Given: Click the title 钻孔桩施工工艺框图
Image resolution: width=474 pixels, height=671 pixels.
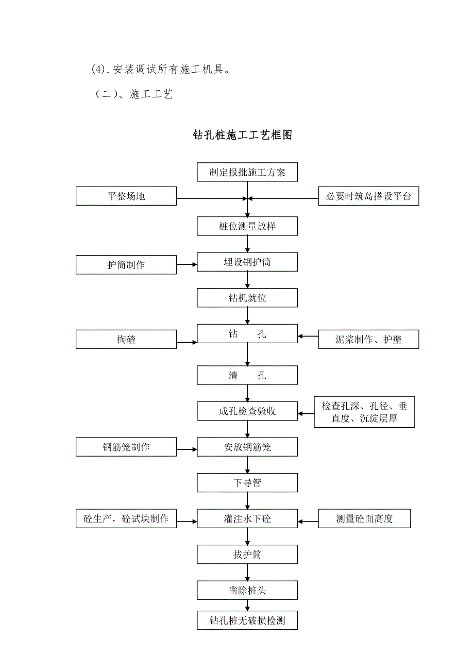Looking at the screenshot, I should click(243, 135).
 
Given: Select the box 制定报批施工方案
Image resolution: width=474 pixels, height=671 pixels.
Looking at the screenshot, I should click(247, 173).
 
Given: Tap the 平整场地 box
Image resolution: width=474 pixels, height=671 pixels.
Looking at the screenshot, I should click(126, 196).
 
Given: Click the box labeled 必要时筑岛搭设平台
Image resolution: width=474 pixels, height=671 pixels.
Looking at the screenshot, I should click(368, 196).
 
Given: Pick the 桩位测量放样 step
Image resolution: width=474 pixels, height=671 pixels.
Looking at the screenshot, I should click(247, 226).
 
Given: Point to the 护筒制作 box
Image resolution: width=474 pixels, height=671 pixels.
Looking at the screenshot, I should click(126, 265).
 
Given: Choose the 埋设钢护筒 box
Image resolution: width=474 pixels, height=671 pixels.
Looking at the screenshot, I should click(247, 262).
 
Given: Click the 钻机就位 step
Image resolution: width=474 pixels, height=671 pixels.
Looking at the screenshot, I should click(247, 298).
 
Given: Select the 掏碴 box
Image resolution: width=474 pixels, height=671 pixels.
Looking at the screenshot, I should click(126, 340).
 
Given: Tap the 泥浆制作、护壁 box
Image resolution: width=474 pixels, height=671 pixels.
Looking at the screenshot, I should click(368, 340).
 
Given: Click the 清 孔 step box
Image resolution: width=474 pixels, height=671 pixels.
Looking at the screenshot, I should click(247, 375).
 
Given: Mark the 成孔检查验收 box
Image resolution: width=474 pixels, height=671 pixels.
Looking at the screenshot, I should click(247, 411).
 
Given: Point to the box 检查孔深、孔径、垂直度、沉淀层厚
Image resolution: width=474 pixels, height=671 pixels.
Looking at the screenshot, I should click(364, 412).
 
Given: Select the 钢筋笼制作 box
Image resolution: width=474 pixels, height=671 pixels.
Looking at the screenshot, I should click(126, 447).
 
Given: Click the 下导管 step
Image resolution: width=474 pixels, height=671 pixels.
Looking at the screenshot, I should click(247, 483).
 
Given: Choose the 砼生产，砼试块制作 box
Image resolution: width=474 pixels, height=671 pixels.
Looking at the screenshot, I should click(126, 518).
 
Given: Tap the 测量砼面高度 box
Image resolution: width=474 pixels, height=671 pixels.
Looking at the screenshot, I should click(364, 518).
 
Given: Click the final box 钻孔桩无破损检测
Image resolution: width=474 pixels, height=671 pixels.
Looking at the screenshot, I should click(247, 620).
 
